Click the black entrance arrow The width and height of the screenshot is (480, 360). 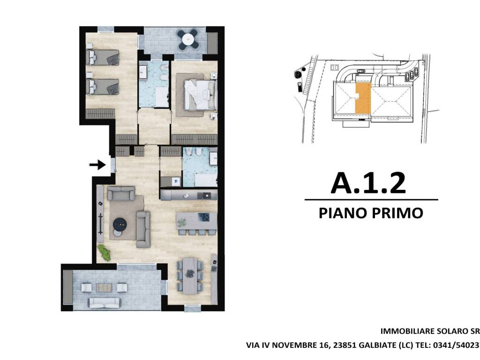point(97,165)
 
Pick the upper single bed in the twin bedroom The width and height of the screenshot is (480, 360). point(103,57)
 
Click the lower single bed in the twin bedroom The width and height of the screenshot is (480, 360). point(103,86)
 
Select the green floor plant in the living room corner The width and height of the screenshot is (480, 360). point(105,253)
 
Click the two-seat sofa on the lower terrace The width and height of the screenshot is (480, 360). point(105,303)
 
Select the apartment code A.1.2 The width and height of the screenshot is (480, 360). point(368,183)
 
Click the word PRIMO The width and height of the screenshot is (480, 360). point(399,213)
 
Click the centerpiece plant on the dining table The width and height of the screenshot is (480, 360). point(190,274)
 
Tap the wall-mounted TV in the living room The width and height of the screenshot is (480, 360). point(101,220)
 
